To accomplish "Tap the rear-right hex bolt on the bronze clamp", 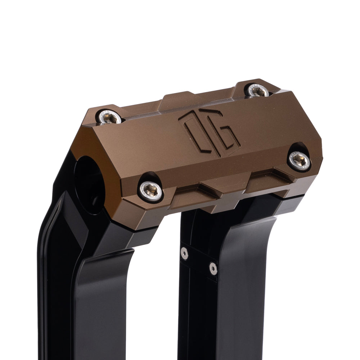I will tap(258, 90).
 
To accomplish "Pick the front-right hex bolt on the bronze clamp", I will tap(300, 161).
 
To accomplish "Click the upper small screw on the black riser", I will tap(184, 253).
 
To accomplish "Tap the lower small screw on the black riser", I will tap(213, 268).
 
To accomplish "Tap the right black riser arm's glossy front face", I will tap(248, 288).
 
